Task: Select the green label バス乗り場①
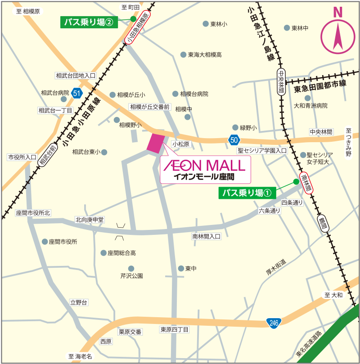[x=247, y=193]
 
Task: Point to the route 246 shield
[x=274, y=322]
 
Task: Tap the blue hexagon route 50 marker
[x=233, y=139]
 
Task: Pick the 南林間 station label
[x=306, y=183]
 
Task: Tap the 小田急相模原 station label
[x=137, y=27]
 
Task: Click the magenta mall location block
[x=157, y=144]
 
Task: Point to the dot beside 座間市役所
[x=45, y=242]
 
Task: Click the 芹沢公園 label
[x=131, y=275]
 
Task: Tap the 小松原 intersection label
[x=182, y=144]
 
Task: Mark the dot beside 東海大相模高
[x=183, y=54]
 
